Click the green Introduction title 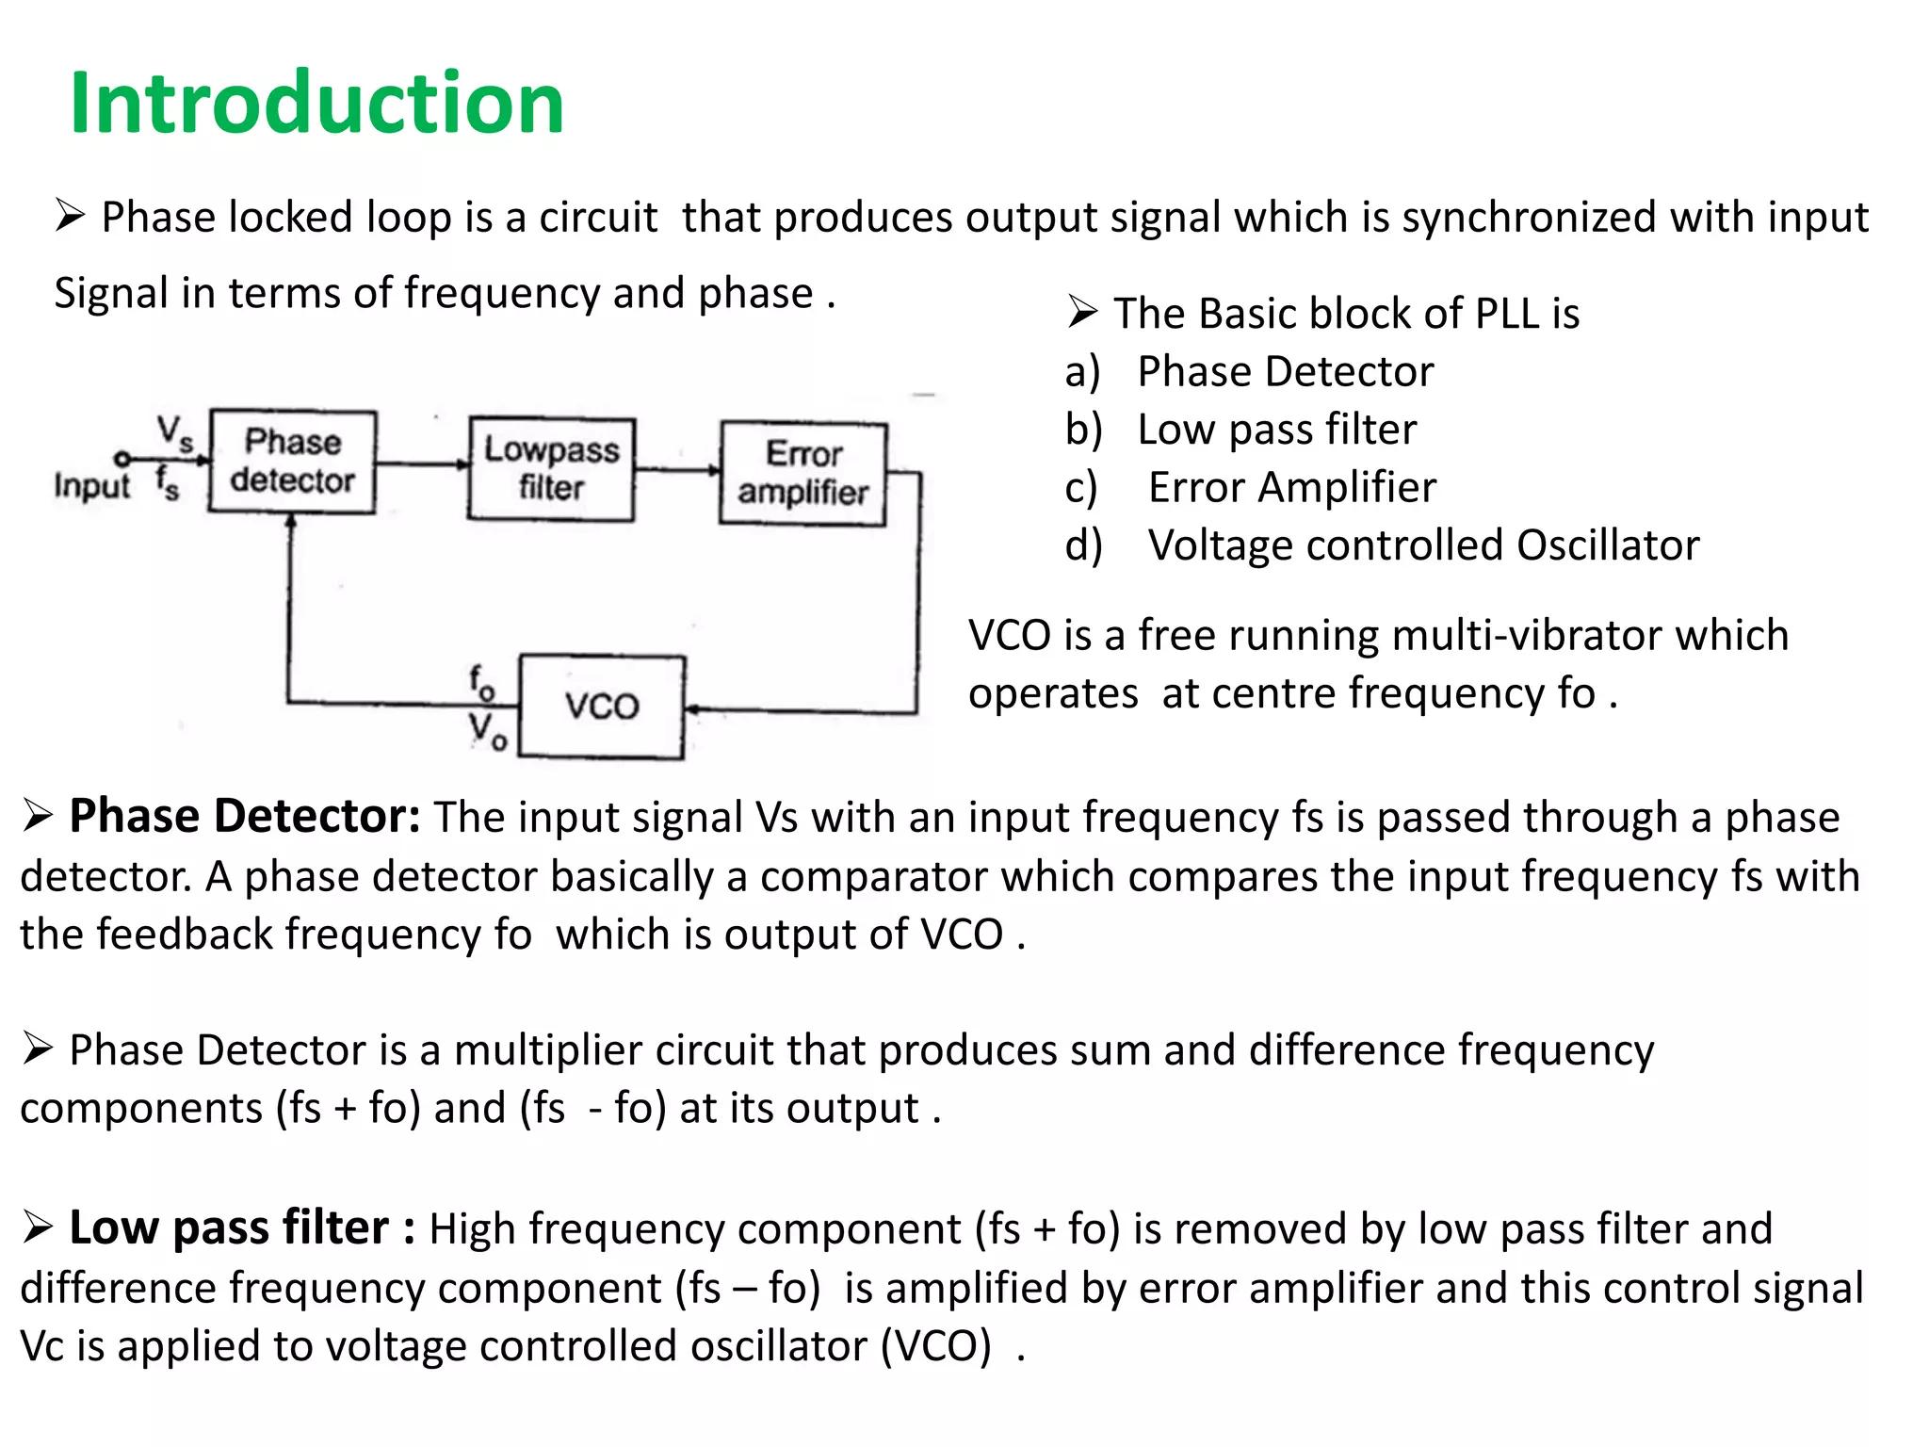click(x=316, y=103)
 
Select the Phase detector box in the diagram click(x=292, y=462)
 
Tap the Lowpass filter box click(x=551, y=469)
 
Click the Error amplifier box click(x=802, y=473)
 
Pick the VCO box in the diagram click(x=602, y=707)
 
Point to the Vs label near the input click(x=174, y=432)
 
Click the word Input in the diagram click(x=91, y=486)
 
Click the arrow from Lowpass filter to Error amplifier click(x=676, y=468)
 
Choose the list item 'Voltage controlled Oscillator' click(x=1422, y=545)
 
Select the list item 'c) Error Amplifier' click(x=1291, y=488)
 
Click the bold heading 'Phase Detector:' click(x=244, y=816)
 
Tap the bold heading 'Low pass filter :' click(x=241, y=1228)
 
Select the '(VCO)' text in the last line click(x=935, y=1346)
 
